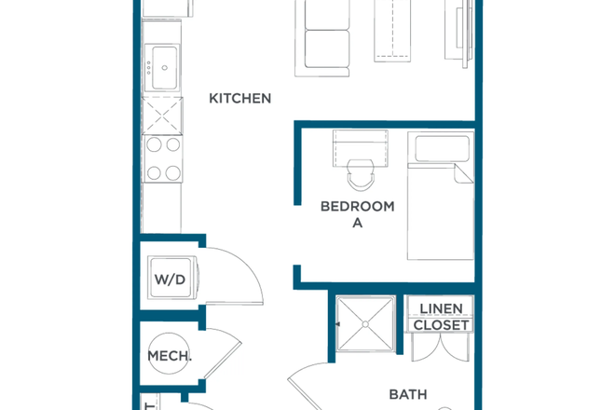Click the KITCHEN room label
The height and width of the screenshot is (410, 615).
coord(239,98)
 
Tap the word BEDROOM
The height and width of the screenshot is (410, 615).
coord(357,206)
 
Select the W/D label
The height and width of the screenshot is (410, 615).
coord(171,278)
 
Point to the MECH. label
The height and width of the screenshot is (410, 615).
coord(170,356)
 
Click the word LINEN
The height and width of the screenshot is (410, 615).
coord(441,308)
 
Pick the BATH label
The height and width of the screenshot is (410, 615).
coord(407,394)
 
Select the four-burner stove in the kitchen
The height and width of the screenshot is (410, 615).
coord(163,158)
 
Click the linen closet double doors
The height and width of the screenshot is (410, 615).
coord(440,350)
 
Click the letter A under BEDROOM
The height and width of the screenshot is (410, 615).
coord(357,224)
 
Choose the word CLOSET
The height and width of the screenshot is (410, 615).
coord(441,325)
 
